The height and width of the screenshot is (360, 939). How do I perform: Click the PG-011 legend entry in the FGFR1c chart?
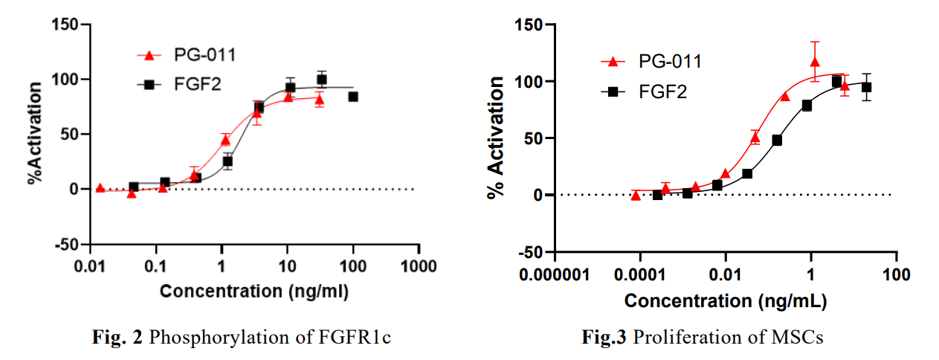tap(199, 54)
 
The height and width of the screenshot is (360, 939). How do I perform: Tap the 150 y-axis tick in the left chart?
tap(67, 24)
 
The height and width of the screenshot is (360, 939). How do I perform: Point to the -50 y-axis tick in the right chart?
tap(529, 252)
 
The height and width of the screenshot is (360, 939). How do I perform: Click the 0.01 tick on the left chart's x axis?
tap(91, 266)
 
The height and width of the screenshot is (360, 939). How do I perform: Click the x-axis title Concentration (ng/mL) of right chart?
tap(725, 301)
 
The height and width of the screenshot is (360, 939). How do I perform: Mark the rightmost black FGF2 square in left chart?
tap(353, 97)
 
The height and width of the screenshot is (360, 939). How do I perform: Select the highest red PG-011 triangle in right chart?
tap(815, 62)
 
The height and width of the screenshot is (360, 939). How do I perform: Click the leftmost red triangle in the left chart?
tap(100, 188)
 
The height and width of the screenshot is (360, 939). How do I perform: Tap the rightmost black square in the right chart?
tap(866, 88)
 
